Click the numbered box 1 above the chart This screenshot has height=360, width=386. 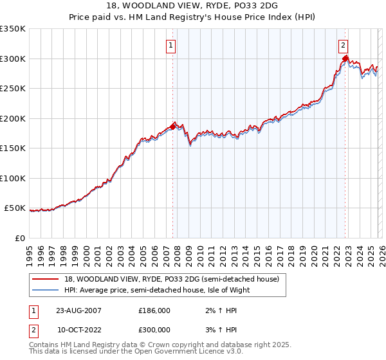click(172, 45)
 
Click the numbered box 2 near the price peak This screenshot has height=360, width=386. click(344, 45)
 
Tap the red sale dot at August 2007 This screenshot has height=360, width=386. click(172, 127)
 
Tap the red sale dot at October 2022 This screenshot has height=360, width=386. click(345, 59)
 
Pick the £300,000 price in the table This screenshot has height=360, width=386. click(154, 329)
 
